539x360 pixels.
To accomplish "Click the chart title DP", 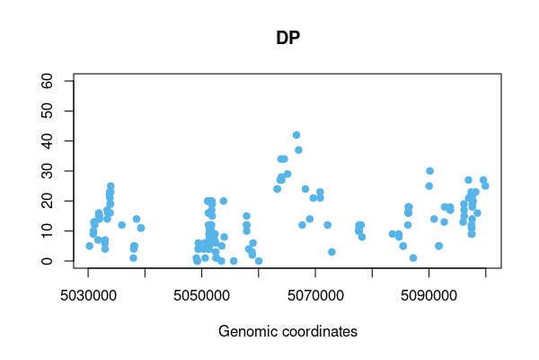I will [287, 40].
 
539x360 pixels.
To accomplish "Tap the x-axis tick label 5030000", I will [88, 295].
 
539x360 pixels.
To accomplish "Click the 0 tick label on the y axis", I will [56, 261].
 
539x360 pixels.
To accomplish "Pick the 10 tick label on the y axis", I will [56, 231].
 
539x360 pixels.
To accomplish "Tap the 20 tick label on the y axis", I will [56, 201].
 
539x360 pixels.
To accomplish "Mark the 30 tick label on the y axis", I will [56, 171].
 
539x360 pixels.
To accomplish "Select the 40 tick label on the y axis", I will [56, 141].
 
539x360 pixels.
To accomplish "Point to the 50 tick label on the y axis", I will [56, 111].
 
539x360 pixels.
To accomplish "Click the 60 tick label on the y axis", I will [56, 81].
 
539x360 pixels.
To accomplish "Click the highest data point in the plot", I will [296, 135].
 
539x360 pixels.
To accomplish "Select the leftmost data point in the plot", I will [89, 246].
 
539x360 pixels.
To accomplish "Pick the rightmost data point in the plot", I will [485, 186].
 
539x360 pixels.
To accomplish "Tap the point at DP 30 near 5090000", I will [429, 171].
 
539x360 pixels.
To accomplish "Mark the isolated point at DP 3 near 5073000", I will [331, 252].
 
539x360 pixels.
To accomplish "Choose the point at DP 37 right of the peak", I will [298, 150].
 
